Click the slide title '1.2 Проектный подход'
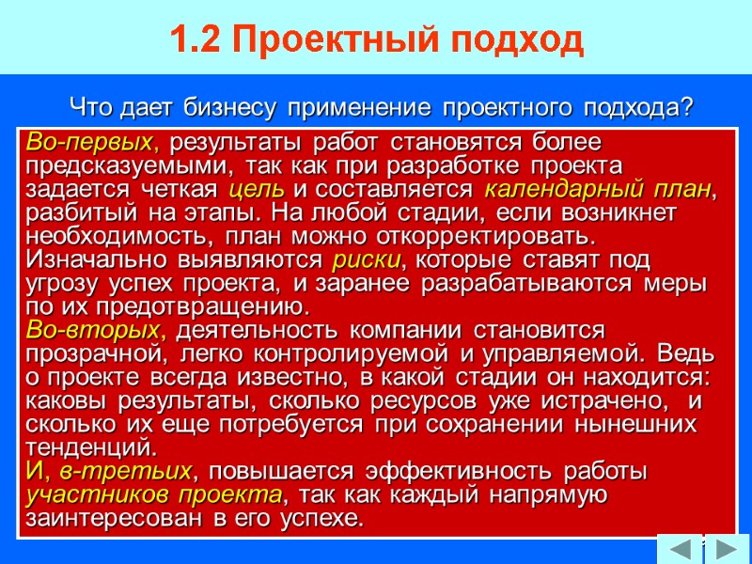click(377, 40)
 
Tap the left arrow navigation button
click(679, 547)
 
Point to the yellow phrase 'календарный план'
click(598, 189)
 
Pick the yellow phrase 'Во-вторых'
click(95, 331)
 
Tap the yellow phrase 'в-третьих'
click(126, 470)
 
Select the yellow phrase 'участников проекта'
click(154, 494)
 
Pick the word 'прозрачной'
click(93, 353)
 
